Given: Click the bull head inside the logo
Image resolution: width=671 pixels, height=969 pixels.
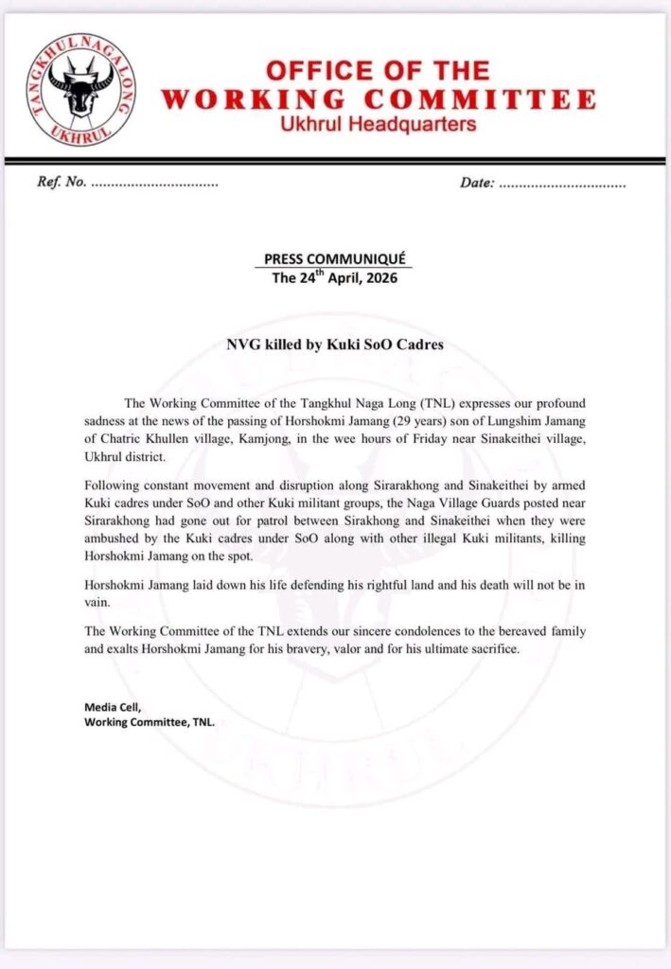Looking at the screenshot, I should pyautogui.click(x=80, y=88).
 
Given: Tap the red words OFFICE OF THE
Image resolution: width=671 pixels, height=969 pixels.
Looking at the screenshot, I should pyautogui.click(x=378, y=71).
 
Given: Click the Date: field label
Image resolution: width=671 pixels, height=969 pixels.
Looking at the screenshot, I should pyautogui.click(x=476, y=182).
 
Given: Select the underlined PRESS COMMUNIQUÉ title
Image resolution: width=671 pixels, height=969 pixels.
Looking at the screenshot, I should pyautogui.click(x=337, y=259).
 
